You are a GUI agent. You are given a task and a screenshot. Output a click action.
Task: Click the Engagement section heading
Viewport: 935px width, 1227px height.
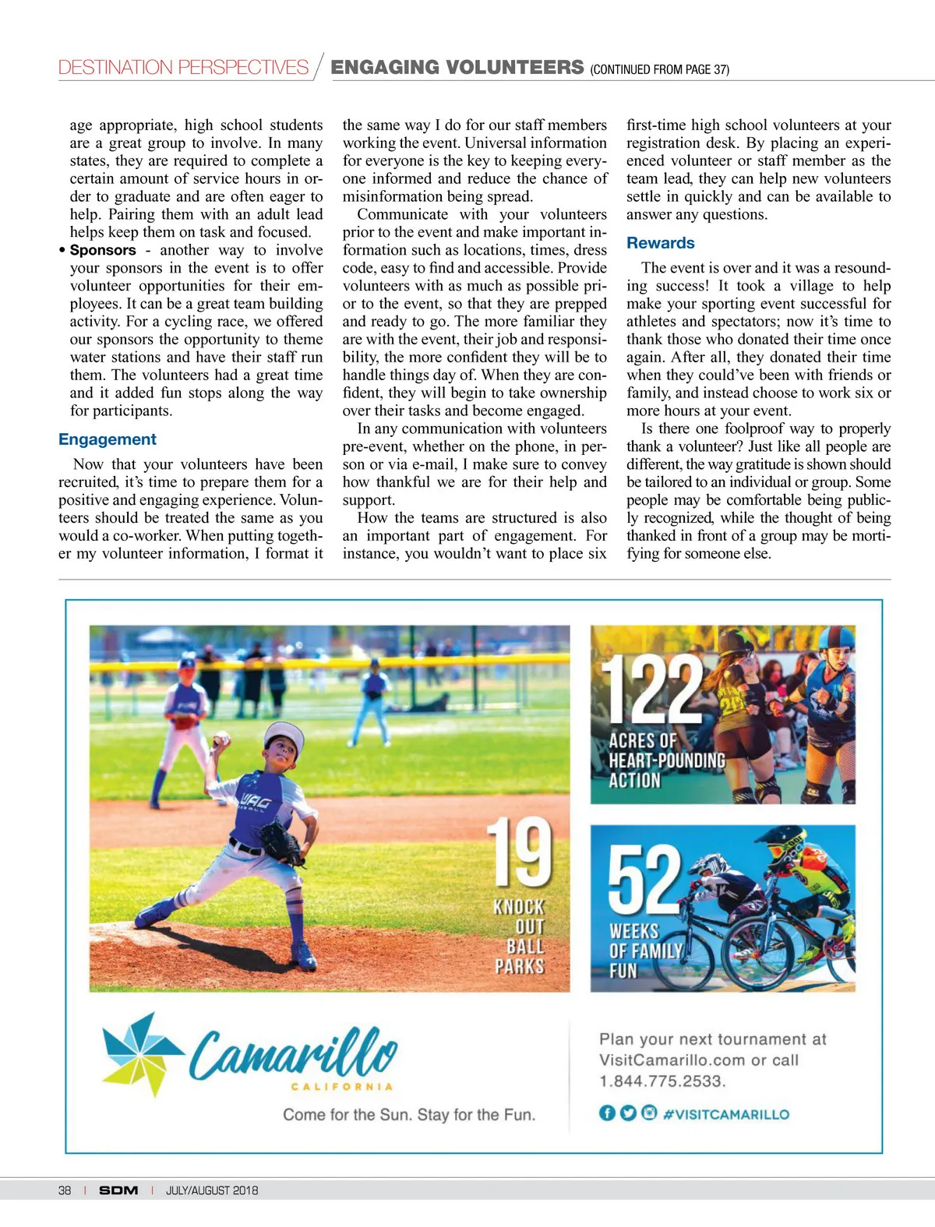[108, 439]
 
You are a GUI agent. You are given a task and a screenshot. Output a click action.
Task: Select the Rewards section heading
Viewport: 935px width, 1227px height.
[660, 243]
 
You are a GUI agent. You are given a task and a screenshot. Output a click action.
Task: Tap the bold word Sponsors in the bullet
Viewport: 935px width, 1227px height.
[103, 250]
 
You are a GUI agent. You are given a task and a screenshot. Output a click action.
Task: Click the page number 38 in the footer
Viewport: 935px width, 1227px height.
[65, 1190]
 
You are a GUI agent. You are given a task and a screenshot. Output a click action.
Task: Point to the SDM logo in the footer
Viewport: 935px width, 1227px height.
[118, 1190]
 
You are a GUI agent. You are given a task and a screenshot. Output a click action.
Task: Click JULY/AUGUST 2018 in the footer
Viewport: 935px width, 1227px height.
[212, 1190]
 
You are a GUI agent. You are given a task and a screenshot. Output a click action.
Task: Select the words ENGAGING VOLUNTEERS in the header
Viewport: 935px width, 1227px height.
[457, 67]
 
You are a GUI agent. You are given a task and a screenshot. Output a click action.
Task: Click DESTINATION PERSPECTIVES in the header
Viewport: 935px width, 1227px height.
[183, 68]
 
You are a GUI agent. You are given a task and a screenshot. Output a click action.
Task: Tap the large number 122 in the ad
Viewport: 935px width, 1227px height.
[653, 689]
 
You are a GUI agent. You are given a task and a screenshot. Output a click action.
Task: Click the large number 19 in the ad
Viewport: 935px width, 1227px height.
[520, 852]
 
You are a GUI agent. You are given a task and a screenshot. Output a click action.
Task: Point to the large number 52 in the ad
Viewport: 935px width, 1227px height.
[644, 880]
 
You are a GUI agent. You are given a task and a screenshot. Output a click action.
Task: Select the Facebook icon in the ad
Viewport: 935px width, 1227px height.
[607, 1113]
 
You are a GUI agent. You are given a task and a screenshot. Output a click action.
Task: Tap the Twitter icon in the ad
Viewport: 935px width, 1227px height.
[628, 1113]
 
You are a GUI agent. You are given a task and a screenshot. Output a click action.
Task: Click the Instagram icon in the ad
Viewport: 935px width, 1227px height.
[649, 1113]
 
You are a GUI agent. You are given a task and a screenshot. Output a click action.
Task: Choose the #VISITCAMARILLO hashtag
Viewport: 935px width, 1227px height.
[725, 1114]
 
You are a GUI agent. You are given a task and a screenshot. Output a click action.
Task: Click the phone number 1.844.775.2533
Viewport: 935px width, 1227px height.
[662, 1081]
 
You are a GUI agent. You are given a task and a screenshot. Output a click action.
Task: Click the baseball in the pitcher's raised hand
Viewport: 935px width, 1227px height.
[221, 739]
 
